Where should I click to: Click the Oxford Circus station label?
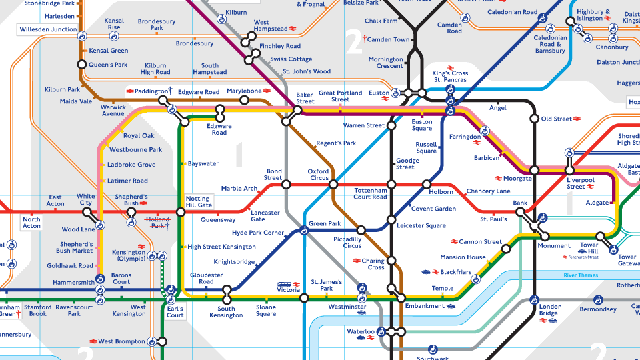(x=319, y=174)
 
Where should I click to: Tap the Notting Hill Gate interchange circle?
(x=181, y=213)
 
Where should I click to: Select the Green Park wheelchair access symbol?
(x=304, y=231)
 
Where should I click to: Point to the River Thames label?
(x=581, y=275)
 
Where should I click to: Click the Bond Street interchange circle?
(x=286, y=184)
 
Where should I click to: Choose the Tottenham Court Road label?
(x=370, y=193)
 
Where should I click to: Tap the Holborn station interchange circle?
(x=427, y=184)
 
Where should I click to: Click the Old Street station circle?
(x=534, y=119)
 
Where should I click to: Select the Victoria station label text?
(x=289, y=291)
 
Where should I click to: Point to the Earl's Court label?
(x=175, y=311)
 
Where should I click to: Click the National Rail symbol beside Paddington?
(x=129, y=91)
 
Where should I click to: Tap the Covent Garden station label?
(x=433, y=209)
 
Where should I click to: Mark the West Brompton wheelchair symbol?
(x=152, y=341)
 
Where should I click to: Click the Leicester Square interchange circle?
(x=391, y=219)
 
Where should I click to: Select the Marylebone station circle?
(x=244, y=101)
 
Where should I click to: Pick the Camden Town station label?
(x=388, y=40)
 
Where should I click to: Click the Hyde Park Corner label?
(x=258, y=233)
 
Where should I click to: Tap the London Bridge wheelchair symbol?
(x=534, y=300)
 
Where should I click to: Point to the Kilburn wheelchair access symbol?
(x=221, y=21)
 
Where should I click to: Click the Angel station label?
(x=498, y=107)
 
